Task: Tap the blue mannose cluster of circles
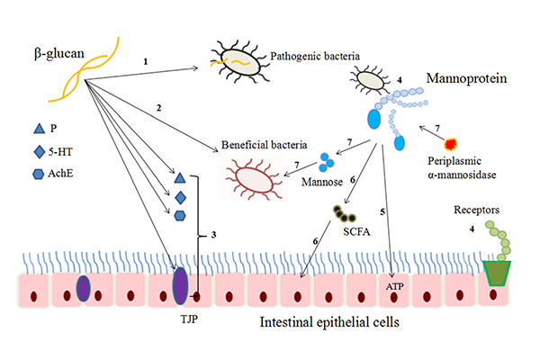(x=328, y=163)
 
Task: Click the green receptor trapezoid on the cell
(x=496, y=274)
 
